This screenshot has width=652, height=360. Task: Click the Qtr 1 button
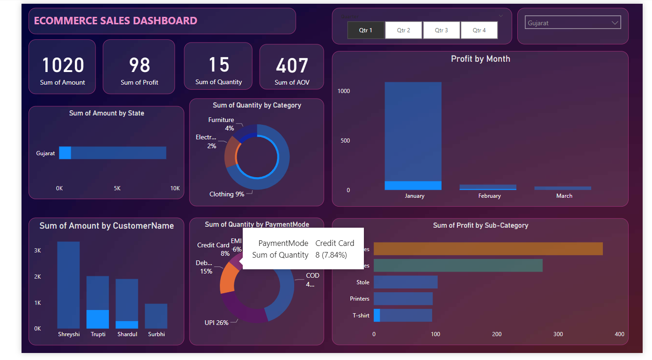click(x=366, y=30)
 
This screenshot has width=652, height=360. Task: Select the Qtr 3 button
click(x=441, y=30)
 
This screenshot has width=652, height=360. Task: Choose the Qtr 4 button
click(x=479, y=30)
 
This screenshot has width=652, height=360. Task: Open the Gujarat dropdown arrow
click(x=615, y=22)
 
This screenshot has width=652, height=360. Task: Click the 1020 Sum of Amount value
click(x=63, y=65)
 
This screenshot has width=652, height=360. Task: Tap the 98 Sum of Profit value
click(x=139, y=65)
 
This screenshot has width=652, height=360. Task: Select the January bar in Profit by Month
click(x=413, y=136)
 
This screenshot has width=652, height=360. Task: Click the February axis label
click(x=489, y=196)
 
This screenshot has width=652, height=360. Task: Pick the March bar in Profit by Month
click(x=563, y=188)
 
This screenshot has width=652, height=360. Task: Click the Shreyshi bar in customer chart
click(x=68, y=285)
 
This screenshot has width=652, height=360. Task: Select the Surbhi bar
click(x=156, y=316)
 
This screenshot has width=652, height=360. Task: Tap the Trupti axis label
click(x=98, y=334)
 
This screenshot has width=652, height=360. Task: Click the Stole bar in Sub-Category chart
click(x=406, y=282)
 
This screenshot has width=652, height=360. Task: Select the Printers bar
click(x=403, y=299)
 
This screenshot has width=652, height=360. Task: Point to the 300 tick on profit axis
click(x=558, y=334)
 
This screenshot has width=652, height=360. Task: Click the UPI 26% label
click(x=217, y=323)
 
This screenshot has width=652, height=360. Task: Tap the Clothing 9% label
click(x=227, y=194)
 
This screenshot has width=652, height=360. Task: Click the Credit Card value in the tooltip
click(x=334, y=243)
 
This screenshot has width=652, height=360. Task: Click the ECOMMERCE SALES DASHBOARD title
click(x=116, y=21)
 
